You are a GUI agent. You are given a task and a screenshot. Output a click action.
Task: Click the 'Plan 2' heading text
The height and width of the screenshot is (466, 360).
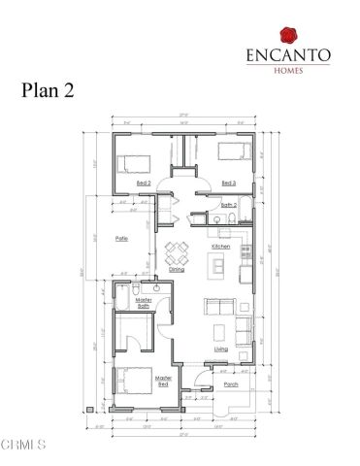[49, 90]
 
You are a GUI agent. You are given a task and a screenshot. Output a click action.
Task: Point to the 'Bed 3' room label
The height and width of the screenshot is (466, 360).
[228, 183]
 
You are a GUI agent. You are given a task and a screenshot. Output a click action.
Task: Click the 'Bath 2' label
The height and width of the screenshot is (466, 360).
[229, 205]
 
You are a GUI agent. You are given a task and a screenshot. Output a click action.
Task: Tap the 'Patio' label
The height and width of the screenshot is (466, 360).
[121, 238]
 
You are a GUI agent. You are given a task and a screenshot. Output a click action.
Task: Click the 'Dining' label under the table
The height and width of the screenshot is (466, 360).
[177, 269]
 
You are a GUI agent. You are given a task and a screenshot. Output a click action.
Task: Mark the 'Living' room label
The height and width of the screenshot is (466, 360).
[221, 349]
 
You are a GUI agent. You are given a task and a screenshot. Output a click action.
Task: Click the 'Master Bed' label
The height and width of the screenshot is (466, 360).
[163, 380]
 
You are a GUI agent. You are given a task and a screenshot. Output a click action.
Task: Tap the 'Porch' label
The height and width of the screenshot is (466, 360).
[231, 384]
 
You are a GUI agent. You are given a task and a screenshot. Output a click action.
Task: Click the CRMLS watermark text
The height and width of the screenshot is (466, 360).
[23, 446]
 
